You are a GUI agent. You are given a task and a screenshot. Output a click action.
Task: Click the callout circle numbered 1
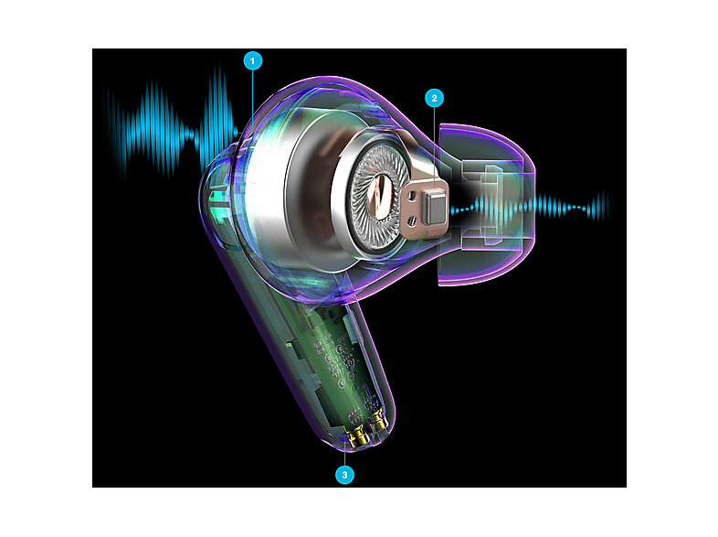(253, 61)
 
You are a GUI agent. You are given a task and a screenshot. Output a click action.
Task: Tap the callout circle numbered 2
(435, 98)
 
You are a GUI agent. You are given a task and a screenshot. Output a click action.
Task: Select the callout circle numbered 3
(343, 474)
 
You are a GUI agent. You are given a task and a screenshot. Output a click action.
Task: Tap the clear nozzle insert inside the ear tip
(484, 206)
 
